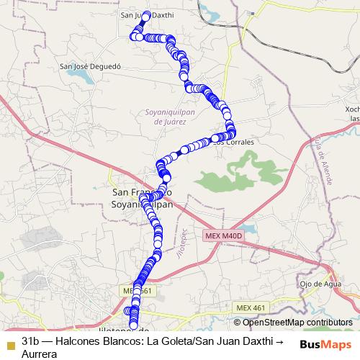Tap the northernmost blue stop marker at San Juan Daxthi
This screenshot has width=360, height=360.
click(146, 15)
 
